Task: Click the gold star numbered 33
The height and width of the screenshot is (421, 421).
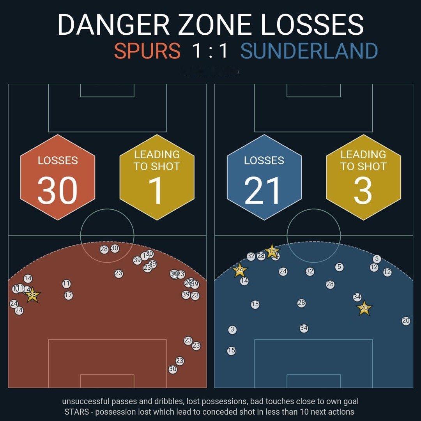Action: pos(32,295)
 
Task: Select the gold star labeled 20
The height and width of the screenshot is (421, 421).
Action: pos(364,308)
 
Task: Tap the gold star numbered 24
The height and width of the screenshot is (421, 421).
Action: pos(240,270)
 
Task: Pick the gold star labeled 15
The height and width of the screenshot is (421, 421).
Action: pos(272,251)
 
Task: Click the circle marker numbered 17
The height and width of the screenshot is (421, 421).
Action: pos(69,295)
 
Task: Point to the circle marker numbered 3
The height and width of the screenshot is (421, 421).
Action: pos(232,330)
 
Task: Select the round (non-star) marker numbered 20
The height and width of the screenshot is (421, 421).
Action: pos(406,321)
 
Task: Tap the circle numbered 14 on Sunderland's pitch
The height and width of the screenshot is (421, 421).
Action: pos(244,281)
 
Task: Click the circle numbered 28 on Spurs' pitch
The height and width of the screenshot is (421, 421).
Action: pos(104,249)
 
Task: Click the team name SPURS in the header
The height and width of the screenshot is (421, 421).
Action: pos(147,51)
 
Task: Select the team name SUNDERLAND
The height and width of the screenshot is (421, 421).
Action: pos(309,51)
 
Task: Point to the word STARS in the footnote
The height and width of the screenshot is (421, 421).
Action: pos(77,412)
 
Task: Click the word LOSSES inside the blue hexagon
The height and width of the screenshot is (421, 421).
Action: pos(264,160)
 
